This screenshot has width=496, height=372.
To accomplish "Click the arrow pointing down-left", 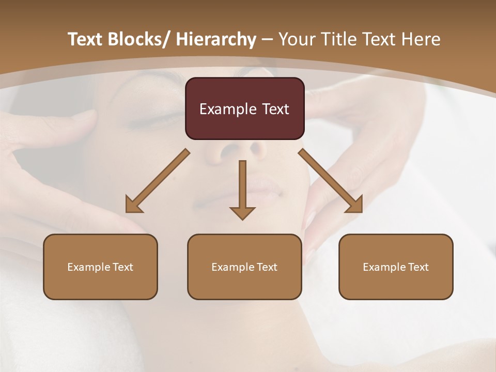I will (x=158, y=181).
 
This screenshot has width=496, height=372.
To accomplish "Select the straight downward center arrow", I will (x=242, y=189).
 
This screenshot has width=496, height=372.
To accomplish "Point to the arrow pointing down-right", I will (x=331, y=181).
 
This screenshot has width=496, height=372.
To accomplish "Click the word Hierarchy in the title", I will (x=216, y=39).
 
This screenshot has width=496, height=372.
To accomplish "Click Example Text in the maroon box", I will (x=244, y=109).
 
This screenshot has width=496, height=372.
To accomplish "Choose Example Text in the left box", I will (x=100, y=267).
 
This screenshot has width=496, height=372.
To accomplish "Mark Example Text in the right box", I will (x=396, y=267).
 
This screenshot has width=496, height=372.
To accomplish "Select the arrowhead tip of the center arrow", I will (x=242, y=219).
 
